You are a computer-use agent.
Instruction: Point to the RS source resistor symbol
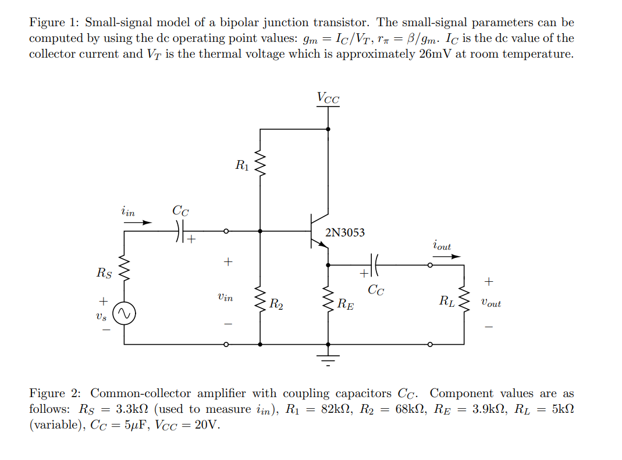tap(125, 270)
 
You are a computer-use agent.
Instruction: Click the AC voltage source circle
tap(125, 315)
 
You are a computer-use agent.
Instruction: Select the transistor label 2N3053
tap(345, 233)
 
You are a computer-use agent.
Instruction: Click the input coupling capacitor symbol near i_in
tap(180, 231)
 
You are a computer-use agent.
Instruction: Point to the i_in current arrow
tap(140, 222)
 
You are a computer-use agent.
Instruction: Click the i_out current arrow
tap(442, 255)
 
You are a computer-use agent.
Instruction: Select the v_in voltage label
tap(225, 298)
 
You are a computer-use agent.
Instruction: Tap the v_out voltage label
tap(491, 303)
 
